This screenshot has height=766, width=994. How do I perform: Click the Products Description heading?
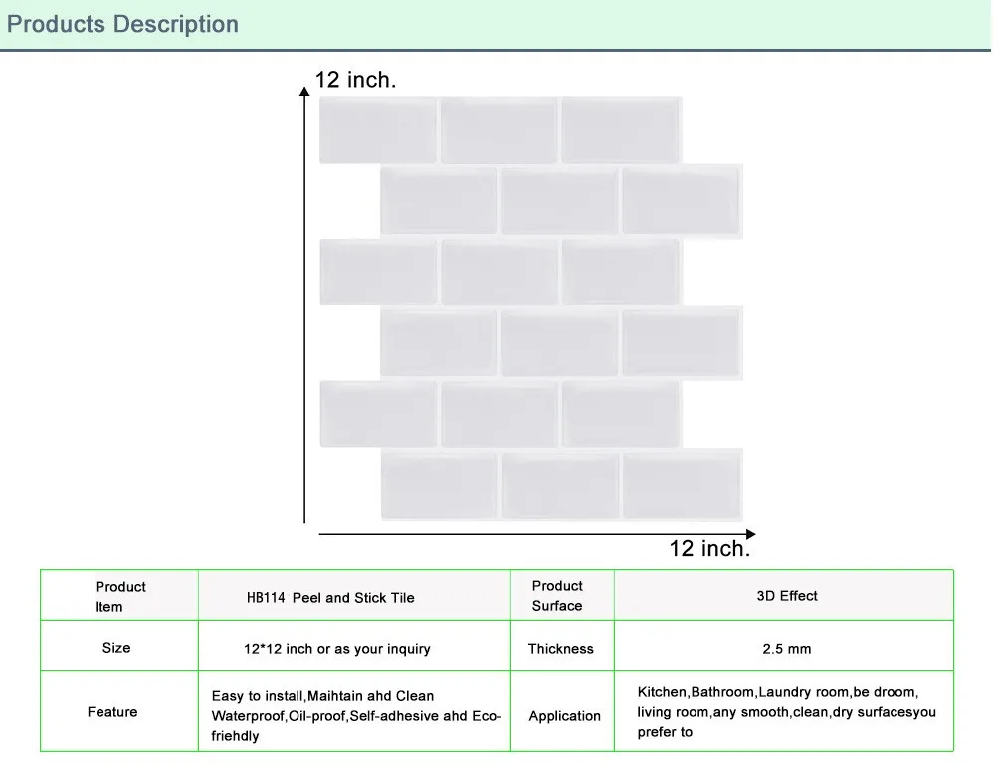tap(122, 24)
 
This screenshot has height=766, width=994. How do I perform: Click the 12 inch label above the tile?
tap(355, 80)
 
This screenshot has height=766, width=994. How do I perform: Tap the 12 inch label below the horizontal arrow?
tap(709, 548)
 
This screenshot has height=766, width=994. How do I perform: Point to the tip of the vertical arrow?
tap(304, 88)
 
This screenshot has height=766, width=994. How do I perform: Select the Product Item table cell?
tap(119, 596)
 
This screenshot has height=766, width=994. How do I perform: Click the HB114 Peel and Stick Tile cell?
tap(330, 598)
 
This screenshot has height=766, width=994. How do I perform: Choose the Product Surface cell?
tap(557, 595)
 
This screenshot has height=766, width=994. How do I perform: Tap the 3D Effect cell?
tap(787, 596)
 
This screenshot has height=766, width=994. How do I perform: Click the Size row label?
tap(116, 648)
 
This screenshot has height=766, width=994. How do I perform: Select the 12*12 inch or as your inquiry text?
tap(337, 649)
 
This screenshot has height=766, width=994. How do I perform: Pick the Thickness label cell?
tap(560, 649)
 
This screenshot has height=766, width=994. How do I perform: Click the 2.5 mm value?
tap(787, 649)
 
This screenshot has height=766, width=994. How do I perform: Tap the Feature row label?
tap(112, 712)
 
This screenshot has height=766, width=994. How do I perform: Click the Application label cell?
tap(564, 716)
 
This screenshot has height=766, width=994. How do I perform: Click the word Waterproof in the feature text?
tap(247, 716)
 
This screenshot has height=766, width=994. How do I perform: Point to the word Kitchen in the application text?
tap(662, 692)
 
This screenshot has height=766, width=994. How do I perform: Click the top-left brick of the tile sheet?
tap(378, 130)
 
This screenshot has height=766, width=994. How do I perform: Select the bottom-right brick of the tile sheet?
tap(683, 484)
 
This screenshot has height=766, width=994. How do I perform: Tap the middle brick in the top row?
tap(499, 130)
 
